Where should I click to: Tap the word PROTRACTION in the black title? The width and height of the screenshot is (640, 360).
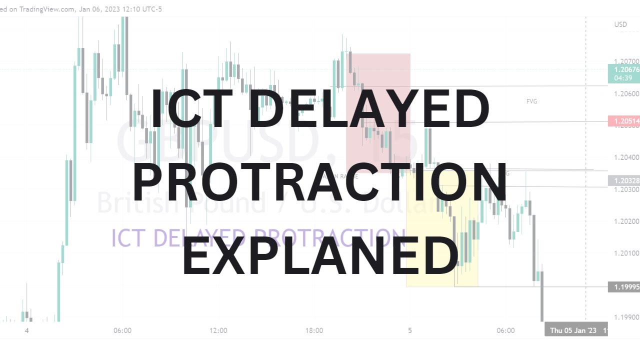pos(320,182)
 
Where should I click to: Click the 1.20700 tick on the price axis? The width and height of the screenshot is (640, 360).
pos(626,61)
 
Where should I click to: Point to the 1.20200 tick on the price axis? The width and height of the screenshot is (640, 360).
pos(626,221)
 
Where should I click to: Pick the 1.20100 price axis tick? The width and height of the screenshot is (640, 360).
pos(626,253)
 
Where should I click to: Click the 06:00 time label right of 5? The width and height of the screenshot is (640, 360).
pos(505,330)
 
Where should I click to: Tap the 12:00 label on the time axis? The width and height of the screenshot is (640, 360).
pos(218,330)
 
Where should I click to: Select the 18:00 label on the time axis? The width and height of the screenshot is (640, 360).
pos(314,330)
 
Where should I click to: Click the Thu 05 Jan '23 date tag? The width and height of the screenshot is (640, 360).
pos(573,330)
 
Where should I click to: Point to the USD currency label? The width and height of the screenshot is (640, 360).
pos(620,24)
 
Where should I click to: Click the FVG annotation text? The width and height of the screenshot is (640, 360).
pos(531,101)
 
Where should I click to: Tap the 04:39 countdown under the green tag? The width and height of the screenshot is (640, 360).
pos(623,78)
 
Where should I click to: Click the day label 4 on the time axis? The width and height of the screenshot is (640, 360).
pos(27,330)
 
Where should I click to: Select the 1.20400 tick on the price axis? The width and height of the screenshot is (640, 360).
pos(626,157)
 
